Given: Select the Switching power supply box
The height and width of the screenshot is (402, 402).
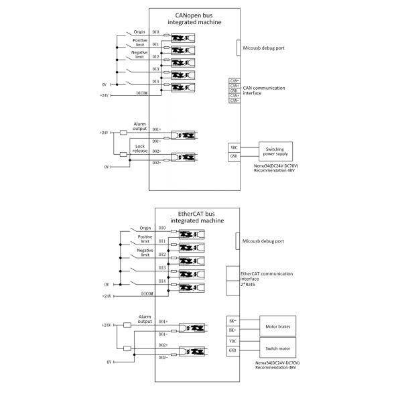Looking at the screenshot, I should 277,151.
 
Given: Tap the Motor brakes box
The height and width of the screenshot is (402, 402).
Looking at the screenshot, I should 277,326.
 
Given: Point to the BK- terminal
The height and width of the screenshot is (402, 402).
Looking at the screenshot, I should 232,321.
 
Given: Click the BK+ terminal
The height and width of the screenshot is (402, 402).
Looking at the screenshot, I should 232,330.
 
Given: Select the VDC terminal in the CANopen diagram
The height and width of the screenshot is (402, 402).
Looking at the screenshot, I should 234,147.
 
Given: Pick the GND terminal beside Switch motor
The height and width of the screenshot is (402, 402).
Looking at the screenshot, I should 232,350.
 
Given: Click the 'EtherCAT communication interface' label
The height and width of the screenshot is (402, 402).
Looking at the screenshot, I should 268,276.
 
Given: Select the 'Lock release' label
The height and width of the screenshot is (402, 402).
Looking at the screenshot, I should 140,149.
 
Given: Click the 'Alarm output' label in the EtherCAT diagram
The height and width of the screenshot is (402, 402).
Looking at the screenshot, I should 145,319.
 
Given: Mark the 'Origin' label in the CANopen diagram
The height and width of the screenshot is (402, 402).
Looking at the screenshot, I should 139,30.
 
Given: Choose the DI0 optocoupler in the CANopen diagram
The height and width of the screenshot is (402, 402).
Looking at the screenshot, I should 182,38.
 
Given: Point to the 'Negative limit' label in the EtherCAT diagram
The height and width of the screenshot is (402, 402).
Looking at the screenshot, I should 145,253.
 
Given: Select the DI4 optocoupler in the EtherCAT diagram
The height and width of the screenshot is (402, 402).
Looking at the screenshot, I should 191,287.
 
